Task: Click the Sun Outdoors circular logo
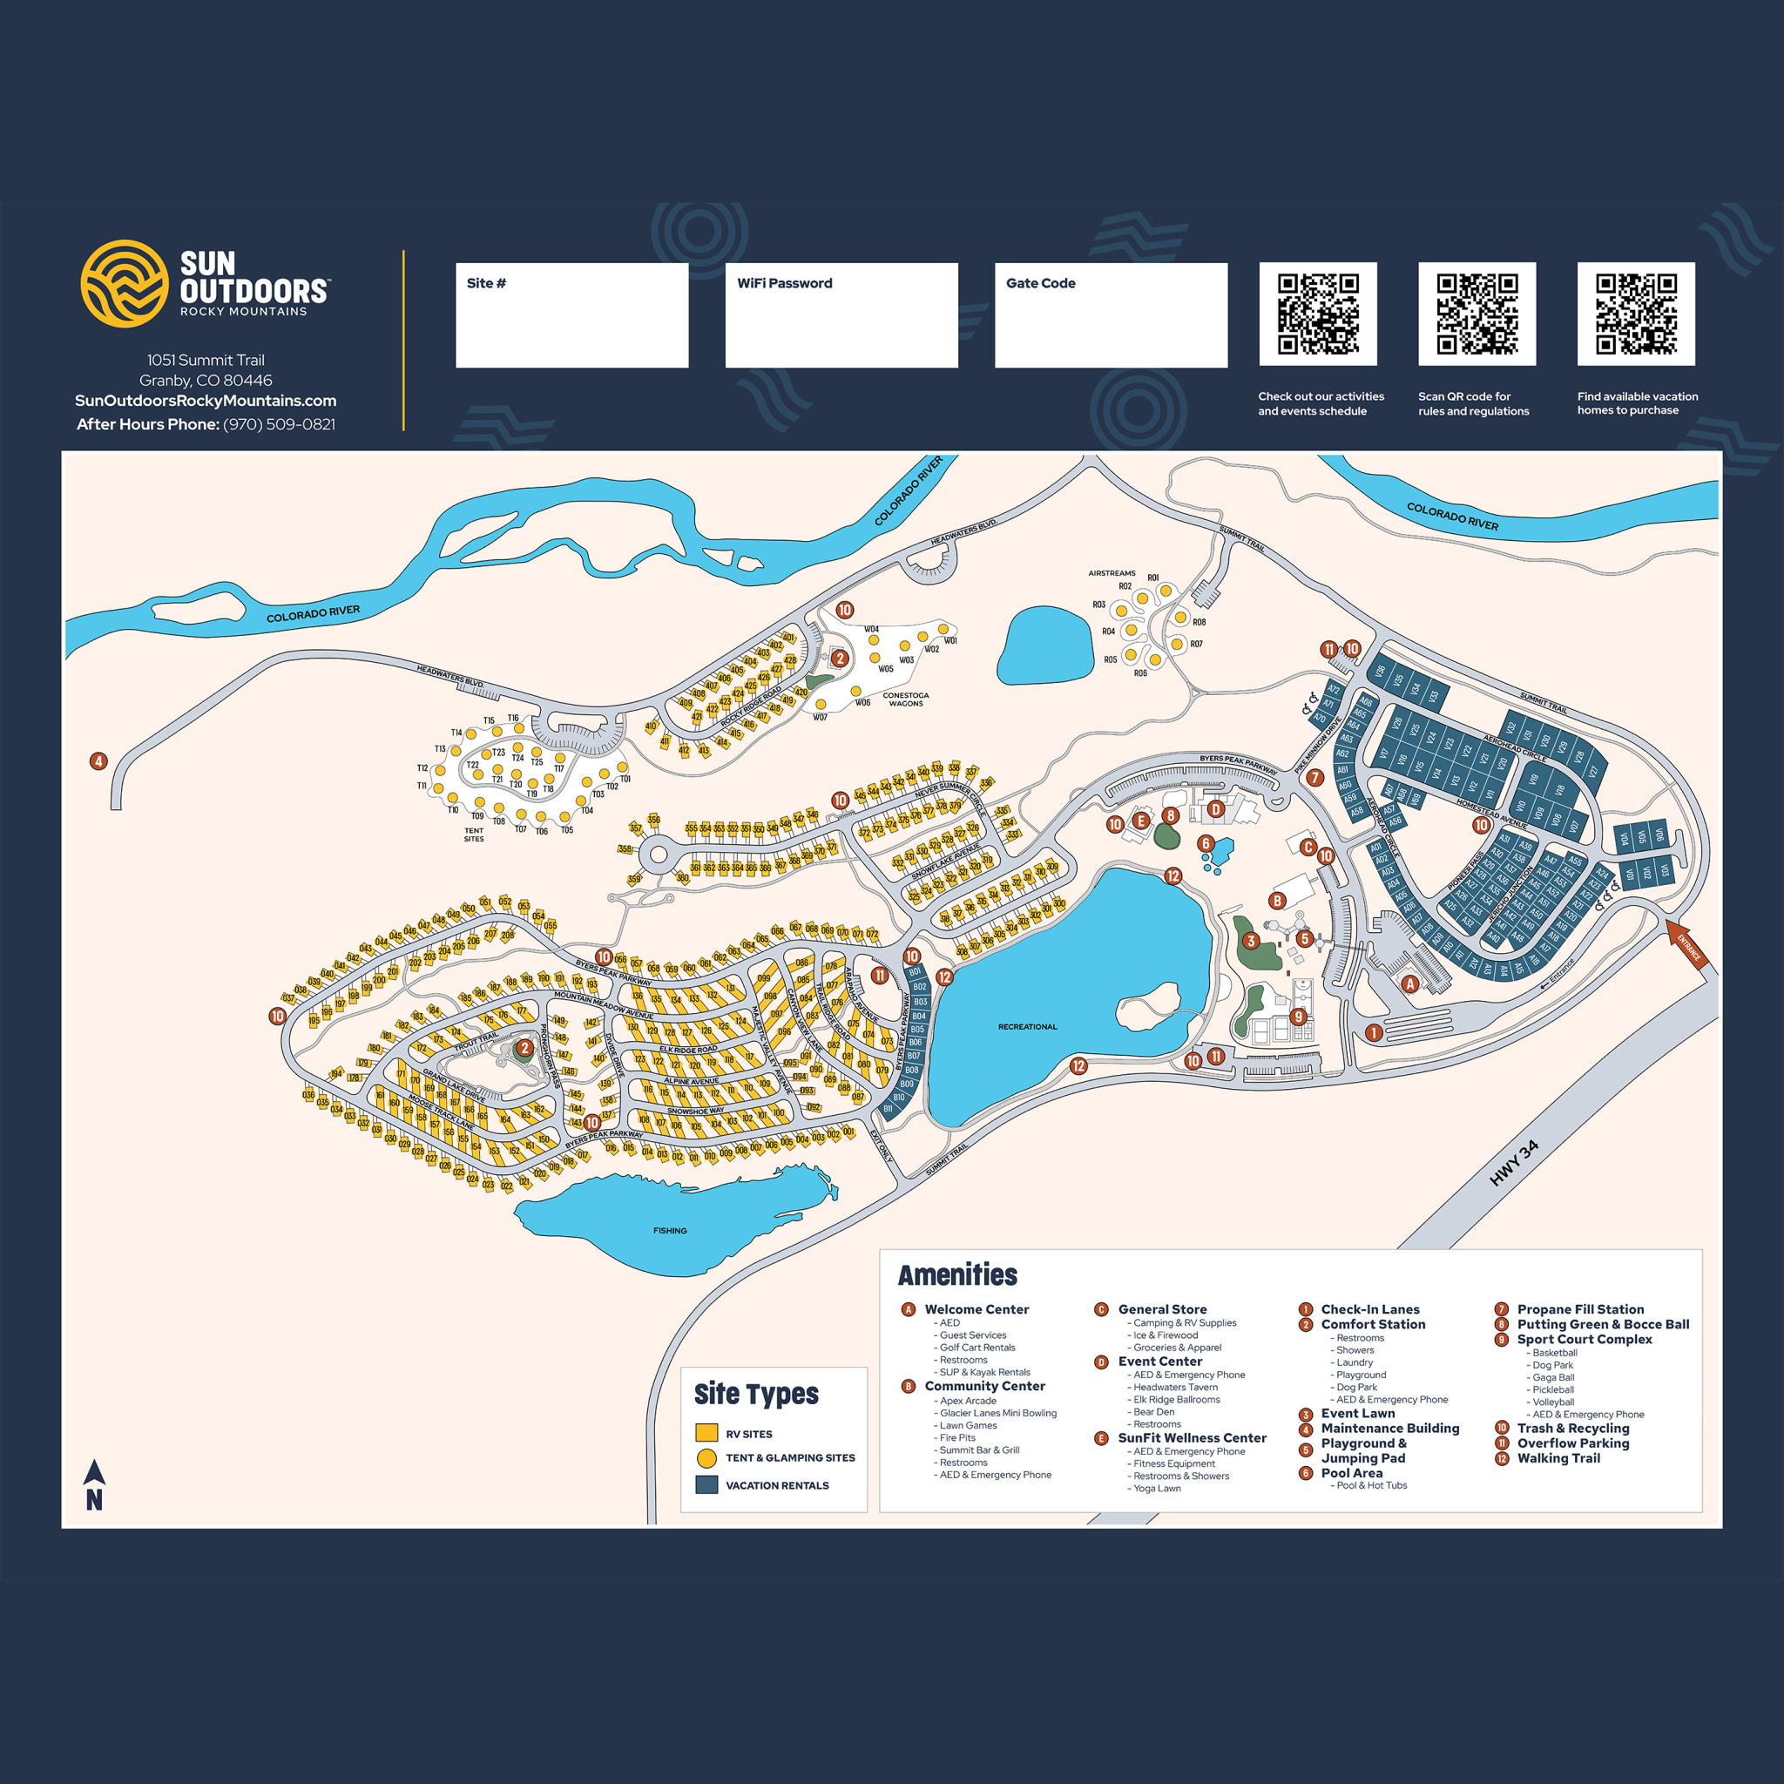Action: tap(124, 283)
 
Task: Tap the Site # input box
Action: tap(571, 314)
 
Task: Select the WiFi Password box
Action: tap(841, 314)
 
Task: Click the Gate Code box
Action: tap(1111, 314)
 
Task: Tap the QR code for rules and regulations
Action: tap(1477, 314)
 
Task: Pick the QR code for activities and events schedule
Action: tap(1318, 314)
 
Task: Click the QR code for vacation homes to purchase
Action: tap(1635, 314)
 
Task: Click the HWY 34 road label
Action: tap(1514, 1164)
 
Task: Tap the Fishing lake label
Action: tap(670, 1231)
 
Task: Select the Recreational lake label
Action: tap(1027, 1027)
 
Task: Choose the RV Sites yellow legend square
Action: tap(706, 1434)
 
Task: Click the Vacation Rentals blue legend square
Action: tap(706, 1486)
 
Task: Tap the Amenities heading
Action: tap(957, 1275)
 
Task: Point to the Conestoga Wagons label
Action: tap(905, 699)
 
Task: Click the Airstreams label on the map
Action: tap(1112, 573)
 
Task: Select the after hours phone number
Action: tap(279, 425)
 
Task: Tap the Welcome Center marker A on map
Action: tap(1409, 984)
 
